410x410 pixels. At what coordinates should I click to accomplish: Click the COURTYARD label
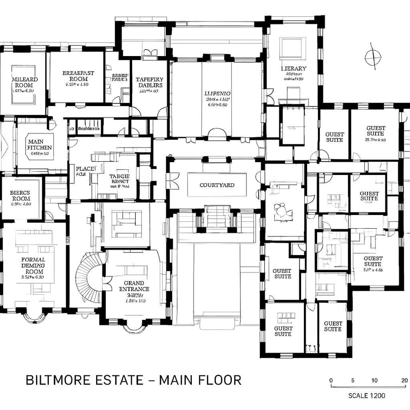217,185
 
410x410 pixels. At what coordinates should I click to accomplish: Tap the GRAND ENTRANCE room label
134,286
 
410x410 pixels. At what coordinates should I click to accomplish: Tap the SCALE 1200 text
366,395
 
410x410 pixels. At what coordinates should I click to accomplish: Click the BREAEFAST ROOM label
78,76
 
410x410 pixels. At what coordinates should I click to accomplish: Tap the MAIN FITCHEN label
40,144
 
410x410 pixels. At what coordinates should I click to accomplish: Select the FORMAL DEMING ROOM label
33,266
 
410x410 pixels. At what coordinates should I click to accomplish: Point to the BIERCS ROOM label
20,196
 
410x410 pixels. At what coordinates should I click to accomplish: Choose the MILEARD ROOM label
24,82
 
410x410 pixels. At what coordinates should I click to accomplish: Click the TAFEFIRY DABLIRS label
149,82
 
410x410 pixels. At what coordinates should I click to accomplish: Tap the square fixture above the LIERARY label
290,49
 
